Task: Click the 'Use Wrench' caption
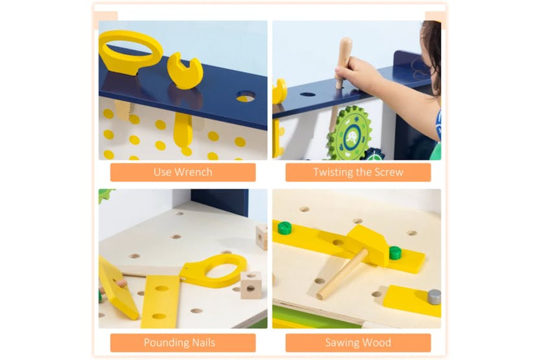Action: click(183, 172)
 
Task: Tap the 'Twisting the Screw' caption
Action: click(358, 172)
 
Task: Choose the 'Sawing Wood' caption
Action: click(358, 342)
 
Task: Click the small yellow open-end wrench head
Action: click(185, 71)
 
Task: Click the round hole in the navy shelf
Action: click(245, 97)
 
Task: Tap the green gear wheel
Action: click(349, 133)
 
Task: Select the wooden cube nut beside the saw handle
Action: click(251, 283)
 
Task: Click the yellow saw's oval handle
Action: click(214, 270)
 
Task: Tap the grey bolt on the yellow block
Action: click(434, 296)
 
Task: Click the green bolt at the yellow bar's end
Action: click(285, 228)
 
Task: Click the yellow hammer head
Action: click(368, 244)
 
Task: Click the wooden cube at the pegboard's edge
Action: click(262, 236)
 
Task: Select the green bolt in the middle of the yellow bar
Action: click(395, 252)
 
